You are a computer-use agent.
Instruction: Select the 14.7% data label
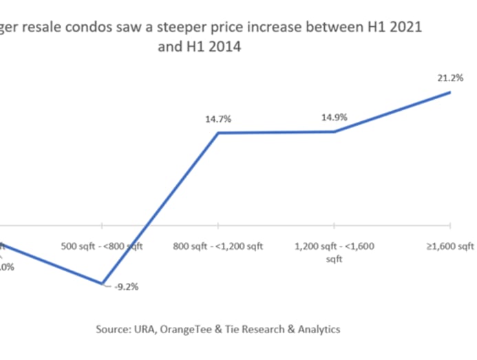tap(218, 119)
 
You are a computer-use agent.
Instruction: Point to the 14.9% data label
tap(334, 118)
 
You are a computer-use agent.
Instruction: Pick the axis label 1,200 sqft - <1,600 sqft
tap(334, 251)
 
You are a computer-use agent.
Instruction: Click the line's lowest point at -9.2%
tap(103, 284)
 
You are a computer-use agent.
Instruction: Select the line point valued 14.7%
tap(218, 132)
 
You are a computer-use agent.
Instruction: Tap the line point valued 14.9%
tap(334, 131)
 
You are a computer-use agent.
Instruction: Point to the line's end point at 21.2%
tap(450, 92)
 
